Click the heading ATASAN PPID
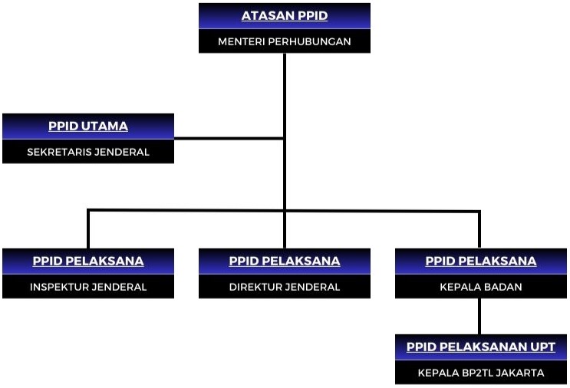pyautogui.click(x=285, y=15)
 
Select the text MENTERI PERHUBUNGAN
pyautogui.click(x=285, y=41)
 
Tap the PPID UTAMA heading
pyautogui.click(x=88, y=126)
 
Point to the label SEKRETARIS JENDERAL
pyautogui.click(x=88, y=152)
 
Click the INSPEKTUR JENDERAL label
pyautogui.click(x=88, y=287)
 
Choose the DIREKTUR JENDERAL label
pyautogui.click(x=285, y=287)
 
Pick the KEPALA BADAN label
pyautogui.click(x=480, y=287)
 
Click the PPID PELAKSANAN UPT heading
pyautogui.click(x=480, y=347)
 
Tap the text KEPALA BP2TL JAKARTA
pyautogui.click(x=480, y=373)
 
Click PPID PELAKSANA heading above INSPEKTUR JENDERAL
pyautogui.click(x=88, y=261)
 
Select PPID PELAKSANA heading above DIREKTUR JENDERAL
pyautogui.click(x=285, y=261)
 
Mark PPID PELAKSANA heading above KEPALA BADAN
pyautogui.click(x=480, y=261)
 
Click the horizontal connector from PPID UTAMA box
pyautogui.click(x=229, y=138)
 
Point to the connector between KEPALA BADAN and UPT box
pyautogui.click(x=479, y=316)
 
